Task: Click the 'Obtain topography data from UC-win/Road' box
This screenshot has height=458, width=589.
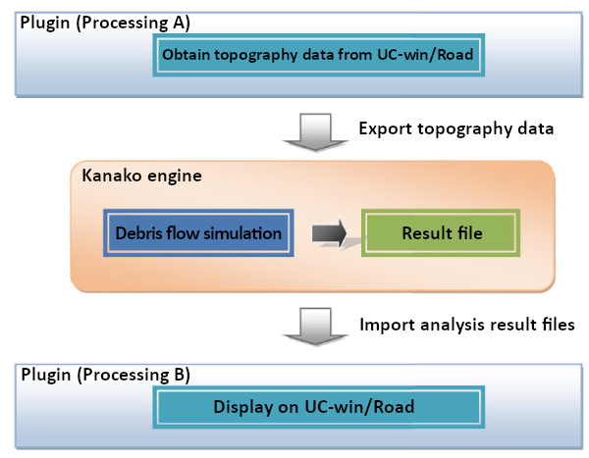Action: click(318, 55)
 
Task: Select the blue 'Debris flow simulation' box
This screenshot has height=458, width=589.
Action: click(198, 233)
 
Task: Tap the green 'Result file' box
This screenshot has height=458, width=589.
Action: click(441, 233)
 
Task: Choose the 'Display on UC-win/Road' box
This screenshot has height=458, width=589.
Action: click(318, 407)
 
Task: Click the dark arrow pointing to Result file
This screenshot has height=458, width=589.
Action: click(329, 233)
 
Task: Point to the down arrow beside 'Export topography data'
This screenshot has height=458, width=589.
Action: click(315, 132)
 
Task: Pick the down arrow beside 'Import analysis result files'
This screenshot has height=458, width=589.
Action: click(315, 327)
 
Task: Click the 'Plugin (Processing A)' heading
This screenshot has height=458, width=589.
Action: click(105, 23)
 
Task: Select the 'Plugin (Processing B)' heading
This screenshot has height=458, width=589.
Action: click(106, 375)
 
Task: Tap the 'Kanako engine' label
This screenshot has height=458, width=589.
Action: click(142, 176)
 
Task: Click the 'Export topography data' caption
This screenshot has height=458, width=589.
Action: click(456, 129)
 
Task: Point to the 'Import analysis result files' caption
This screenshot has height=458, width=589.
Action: click(467, 325)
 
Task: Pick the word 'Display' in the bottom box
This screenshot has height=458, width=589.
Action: click(243, 407)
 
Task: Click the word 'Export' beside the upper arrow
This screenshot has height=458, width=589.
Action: click(386, 129)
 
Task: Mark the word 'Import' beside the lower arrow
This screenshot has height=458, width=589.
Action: click(388, 325)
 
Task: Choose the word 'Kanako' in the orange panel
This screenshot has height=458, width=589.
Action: click(112, 176)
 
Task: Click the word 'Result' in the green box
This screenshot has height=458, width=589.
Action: click(426, 233)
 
